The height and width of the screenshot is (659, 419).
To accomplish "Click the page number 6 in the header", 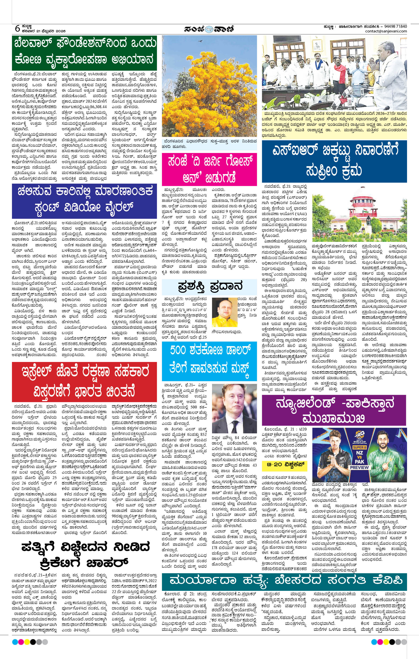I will point(17,28).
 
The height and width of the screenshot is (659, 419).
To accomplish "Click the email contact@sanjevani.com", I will point(386,31).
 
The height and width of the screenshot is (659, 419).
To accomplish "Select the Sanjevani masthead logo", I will point(209,29).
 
